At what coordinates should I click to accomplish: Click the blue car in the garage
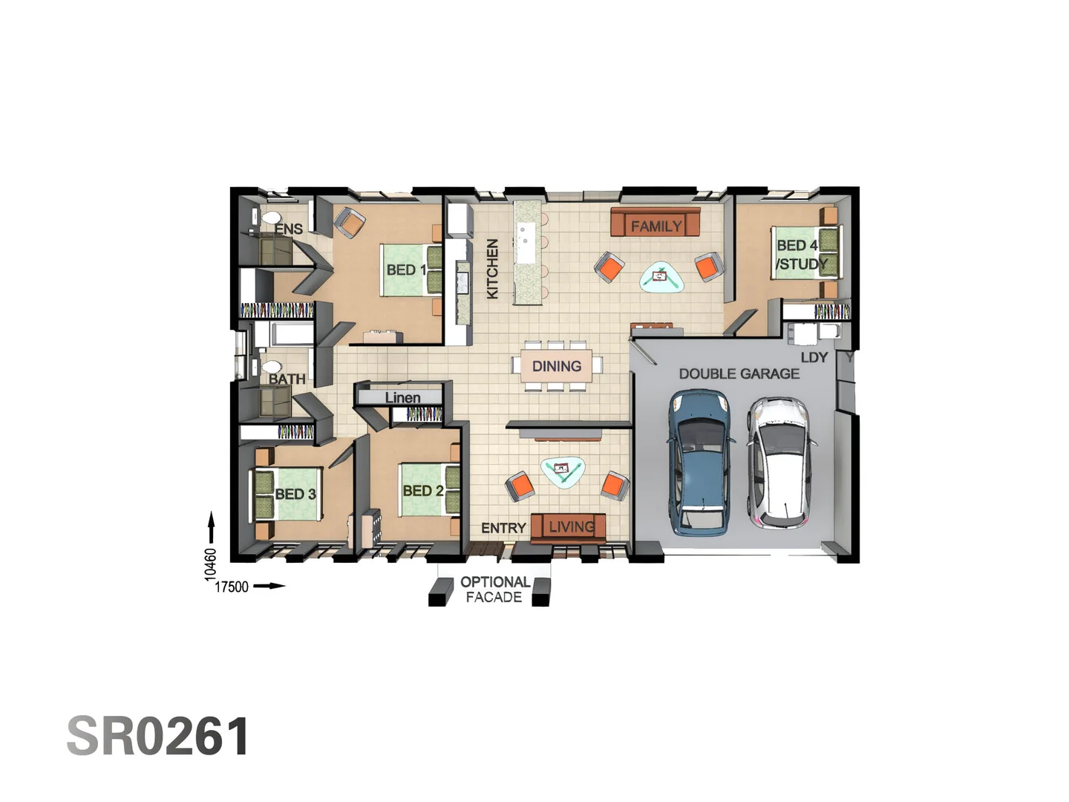click(699, 463)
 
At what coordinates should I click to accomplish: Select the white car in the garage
click(779, 460)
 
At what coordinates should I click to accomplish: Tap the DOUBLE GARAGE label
click(739, 374)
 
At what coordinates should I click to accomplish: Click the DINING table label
click(556, 366)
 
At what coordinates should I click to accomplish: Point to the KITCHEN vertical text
click(492, 269)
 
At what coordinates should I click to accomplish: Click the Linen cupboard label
click(402, 397)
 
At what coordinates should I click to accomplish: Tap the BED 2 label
click(422, 491)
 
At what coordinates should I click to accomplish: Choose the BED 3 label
click(295, 494)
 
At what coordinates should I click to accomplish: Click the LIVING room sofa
click(569, 526)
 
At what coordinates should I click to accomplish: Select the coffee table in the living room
click(563, 470)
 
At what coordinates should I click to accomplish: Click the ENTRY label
click(503, 528)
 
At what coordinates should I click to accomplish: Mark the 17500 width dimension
click(232, 587)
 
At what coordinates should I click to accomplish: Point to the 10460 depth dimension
click(211, 564)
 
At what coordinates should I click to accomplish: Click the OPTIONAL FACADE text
click(494, 590)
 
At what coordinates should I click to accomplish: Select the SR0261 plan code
click(158, 737)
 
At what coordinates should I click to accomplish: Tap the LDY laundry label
click(814, 357)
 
